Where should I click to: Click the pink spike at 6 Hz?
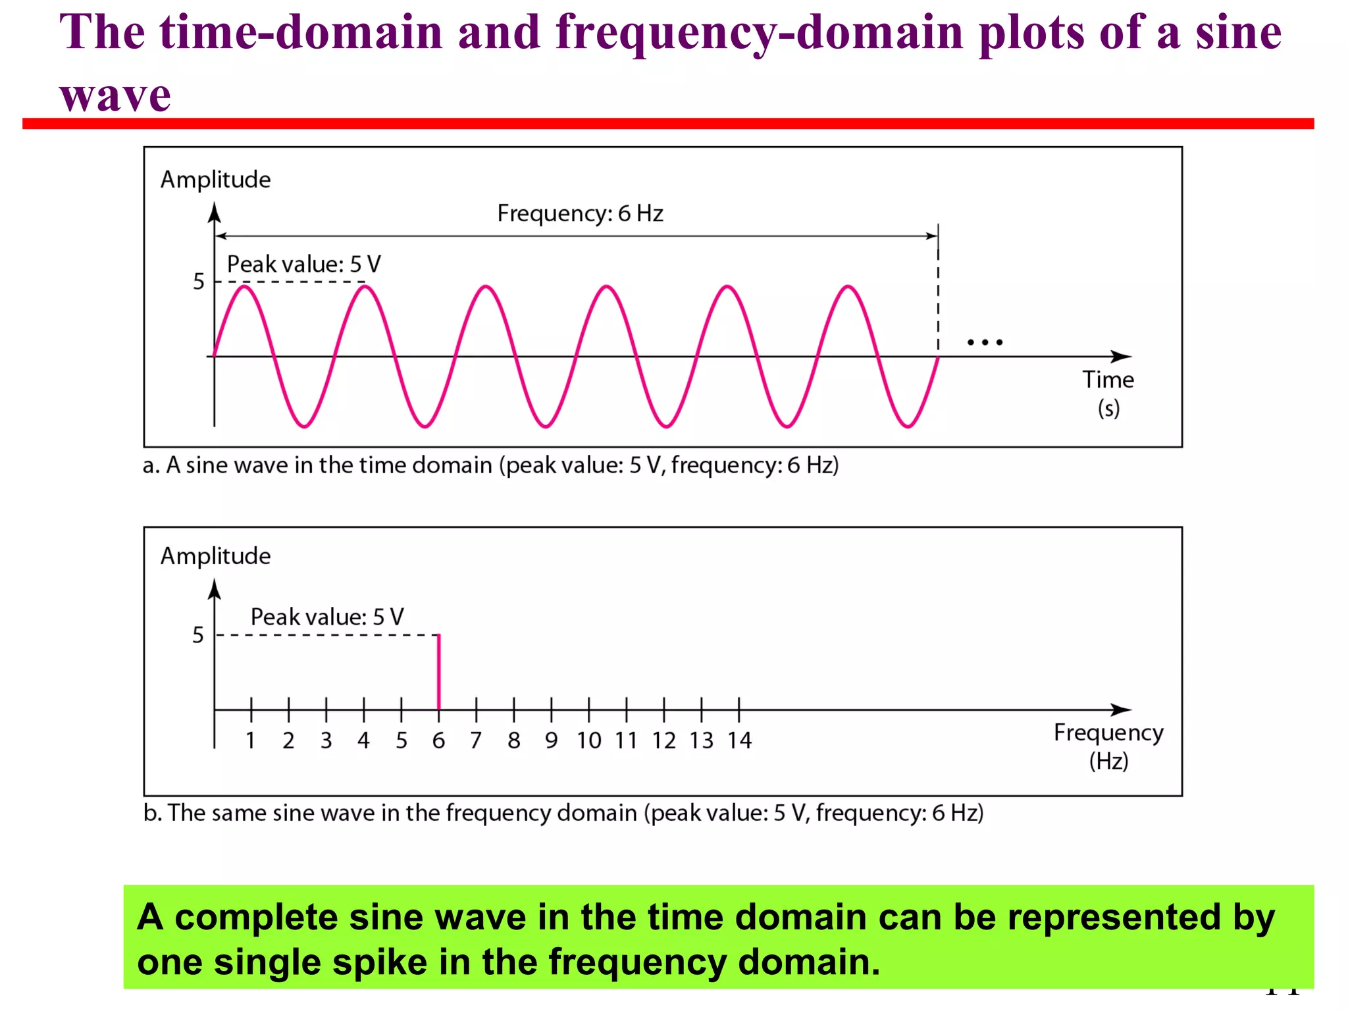(x=439, y=671)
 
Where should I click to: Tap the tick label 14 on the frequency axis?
(x=739, y=740)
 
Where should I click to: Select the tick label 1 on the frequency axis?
(x=251, y=740)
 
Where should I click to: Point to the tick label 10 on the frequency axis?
(x=589, y=740)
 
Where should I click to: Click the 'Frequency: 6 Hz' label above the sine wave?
(x=580, y=213)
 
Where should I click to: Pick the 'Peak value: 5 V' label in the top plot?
(x=303, y=264)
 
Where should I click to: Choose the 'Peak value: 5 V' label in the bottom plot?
(x=327, y=617)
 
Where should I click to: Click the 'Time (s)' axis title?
(x=1108, y=394)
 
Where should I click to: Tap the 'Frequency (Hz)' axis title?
(x=1108, y=746)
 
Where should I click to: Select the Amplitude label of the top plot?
(x=215, y=180)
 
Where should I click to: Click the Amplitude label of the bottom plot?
(x=215, y=556)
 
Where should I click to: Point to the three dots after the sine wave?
(x=985, y=342)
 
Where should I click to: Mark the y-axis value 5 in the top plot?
(x=199, y=282)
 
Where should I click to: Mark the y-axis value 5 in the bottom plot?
(x=198, y=635)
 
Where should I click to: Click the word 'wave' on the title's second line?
(x=115, y=95)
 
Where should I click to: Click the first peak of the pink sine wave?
(x=244, y=286)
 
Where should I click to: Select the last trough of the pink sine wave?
(x=908, y=427)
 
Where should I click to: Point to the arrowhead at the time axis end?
(x=1122, y=357)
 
